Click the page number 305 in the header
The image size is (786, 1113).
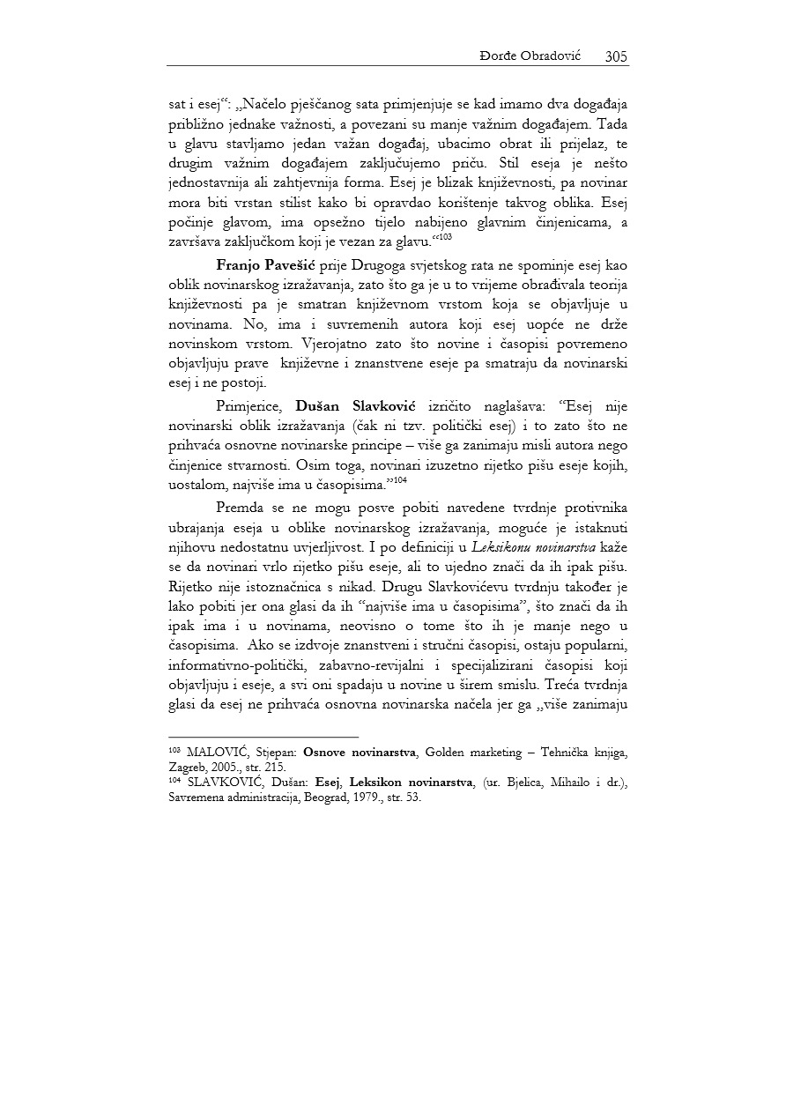[x=616, y=56]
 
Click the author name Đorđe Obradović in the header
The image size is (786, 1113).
[x=538, y=56]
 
